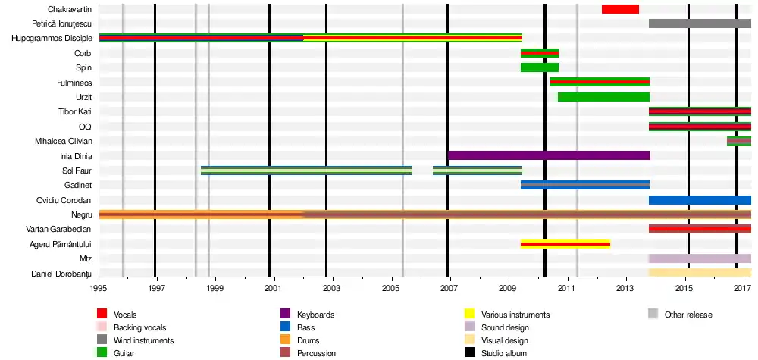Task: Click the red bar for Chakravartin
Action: click(x=620, y=9)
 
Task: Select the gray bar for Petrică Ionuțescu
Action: click(x=700, y=23)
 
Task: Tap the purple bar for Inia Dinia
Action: click(x=548, y=155)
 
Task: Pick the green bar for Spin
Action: click(x=539, y=67)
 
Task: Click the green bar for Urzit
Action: click(x=603, y=97)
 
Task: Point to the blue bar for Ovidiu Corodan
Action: click(x=700, y=200)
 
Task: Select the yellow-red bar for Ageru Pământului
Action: click(x=565, y=244)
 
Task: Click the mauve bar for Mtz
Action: click(x=700, y=258)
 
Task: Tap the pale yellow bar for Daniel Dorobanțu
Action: click(x=700, y=273)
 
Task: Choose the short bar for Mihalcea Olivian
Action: click(x=738, y=141)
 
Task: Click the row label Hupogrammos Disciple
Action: click(x=52, y=39)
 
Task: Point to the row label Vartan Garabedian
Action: click(x=59, y=229)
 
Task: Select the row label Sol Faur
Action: click(x=77, y=171)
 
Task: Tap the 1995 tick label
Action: click(x=99, y=288)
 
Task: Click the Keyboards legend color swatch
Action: click(x=286, y=314)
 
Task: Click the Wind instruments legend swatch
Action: click(x=102, y=340)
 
